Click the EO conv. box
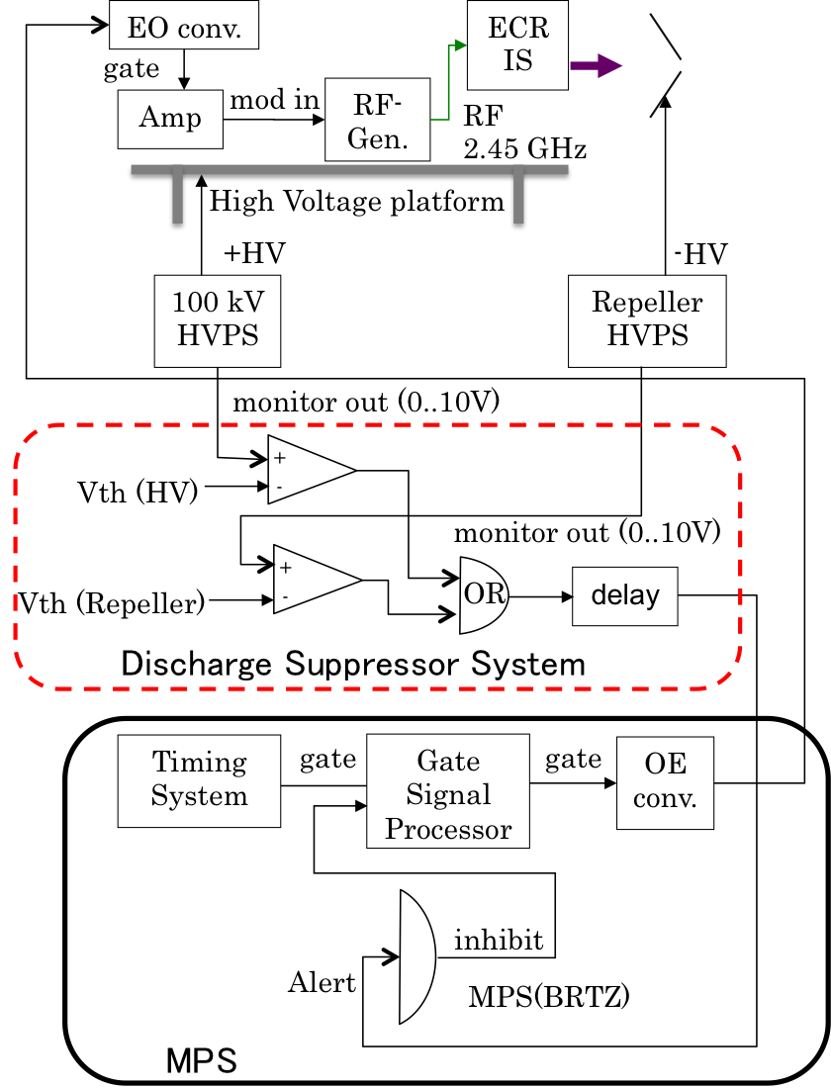pos(183,28)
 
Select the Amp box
pos(170,119)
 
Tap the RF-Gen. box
pos(378,120)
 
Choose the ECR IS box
pos(517,45)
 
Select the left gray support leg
pos(177,198)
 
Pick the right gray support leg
pos(518,198)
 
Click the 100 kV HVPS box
pos(218,319)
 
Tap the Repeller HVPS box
pos(647,319)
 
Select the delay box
pos(624,595)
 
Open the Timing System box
pos(199,779)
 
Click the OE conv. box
pos(665,781)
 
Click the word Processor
pos(448,829)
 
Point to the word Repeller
pos(647,303)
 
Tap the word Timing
pos(199,763)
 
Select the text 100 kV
pos(218,303)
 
